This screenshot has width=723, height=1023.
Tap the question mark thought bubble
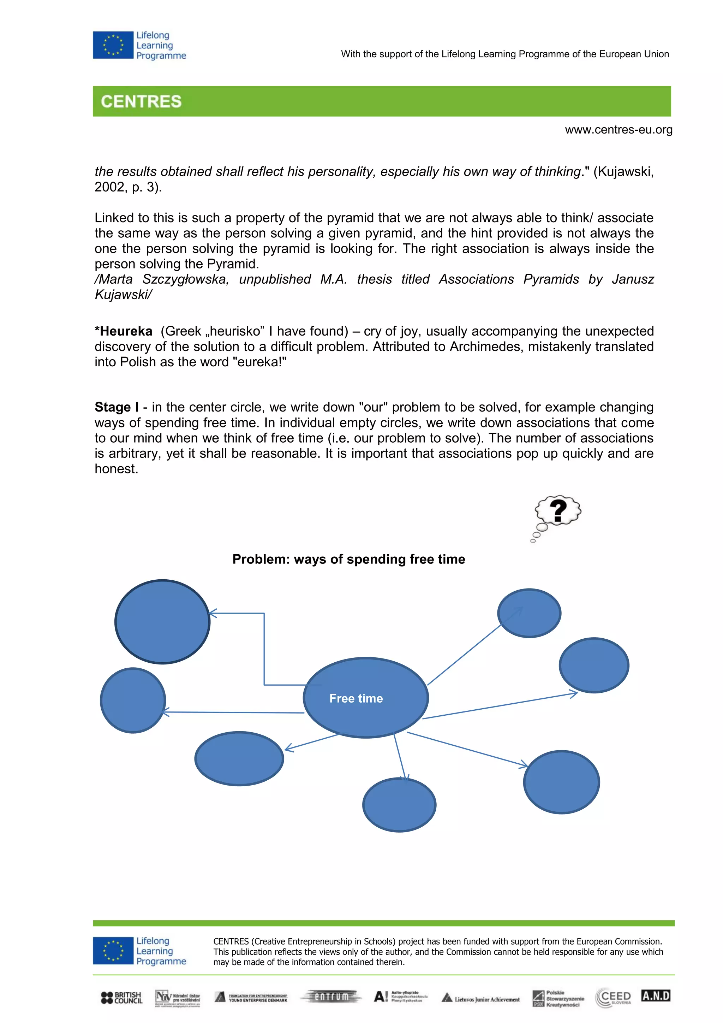(x=557, y=511)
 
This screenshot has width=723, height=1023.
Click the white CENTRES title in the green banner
(x=141, y=102)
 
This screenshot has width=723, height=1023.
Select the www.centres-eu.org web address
(x=619, y=130)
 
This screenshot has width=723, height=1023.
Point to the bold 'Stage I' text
(x=116, y=407)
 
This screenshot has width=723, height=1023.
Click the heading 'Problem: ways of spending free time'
(x=348, y=559)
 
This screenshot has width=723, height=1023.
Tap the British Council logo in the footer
(x=121, y=998)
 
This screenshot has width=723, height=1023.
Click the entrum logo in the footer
(x=331, y=997)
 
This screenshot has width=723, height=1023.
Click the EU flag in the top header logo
(x=113, y=45)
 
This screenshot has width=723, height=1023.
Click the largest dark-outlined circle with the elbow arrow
(x=162, y=622)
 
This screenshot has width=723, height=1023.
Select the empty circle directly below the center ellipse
(x=399, y=805)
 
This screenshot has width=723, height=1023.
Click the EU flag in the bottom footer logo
(x=113, y=951)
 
